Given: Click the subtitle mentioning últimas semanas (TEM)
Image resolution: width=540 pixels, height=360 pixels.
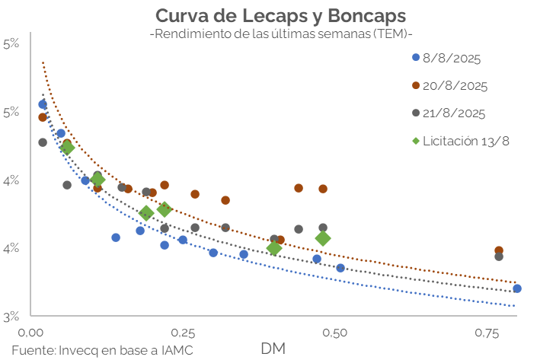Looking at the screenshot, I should coord(281,35).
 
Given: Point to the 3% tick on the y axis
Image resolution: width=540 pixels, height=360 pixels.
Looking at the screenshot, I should coord(11,315).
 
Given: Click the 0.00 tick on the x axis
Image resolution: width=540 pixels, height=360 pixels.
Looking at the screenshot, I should coord(30,333).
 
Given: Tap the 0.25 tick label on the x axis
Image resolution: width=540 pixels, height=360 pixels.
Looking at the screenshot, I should coord(181,333).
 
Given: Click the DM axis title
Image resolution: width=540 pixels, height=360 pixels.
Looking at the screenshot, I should coord(273,349).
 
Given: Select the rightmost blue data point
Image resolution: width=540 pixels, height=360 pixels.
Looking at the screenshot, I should coord(517,288).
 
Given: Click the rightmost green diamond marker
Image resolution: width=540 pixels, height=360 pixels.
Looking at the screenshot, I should coord(323,238).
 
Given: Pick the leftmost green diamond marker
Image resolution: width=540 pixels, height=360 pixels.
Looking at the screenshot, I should coord(67,148).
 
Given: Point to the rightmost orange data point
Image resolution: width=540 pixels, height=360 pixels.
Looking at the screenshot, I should coord(499,250).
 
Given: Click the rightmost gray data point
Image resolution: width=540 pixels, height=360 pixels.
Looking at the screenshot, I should coord(499,256).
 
